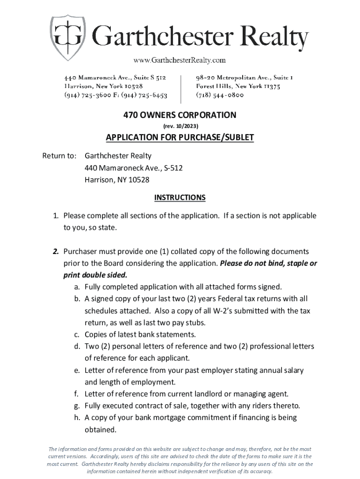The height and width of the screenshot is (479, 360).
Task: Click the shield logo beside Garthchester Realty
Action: tap(68, 33)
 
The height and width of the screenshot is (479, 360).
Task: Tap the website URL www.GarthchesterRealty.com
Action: tap(180, 60)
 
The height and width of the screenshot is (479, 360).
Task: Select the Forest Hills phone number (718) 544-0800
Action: tap(219, 95)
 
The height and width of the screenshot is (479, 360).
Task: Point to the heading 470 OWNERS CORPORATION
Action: tap(180, 115)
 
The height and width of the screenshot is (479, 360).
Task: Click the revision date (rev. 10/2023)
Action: tap(180, 126)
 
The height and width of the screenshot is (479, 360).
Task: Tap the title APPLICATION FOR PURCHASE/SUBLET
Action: tap(180, 138)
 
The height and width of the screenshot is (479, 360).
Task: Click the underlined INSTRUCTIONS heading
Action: tap(180, 197)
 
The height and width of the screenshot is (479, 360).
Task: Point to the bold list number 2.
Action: tap(55, 252)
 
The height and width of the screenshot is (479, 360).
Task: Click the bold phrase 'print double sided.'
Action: tap(95, 275)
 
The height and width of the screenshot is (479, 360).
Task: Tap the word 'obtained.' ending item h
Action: tap(100, 430)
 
